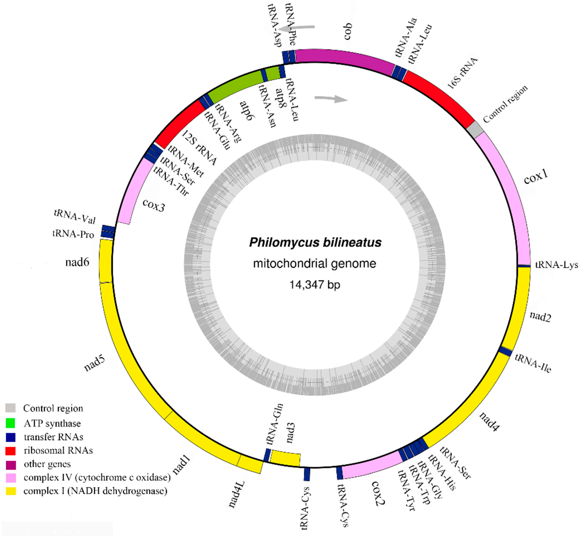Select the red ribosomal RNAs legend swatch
coord(11,450)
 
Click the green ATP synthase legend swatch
coord(11,423)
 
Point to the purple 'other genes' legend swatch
coord(11,464)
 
